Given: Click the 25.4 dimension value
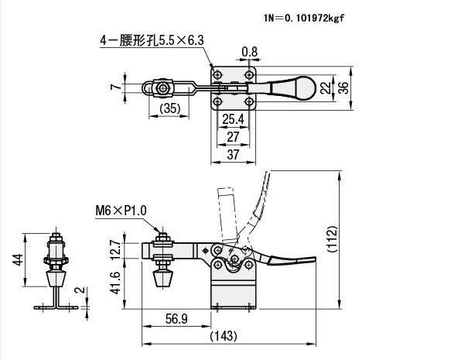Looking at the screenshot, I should (233, 119).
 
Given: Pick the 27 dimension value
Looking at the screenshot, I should (233, 136).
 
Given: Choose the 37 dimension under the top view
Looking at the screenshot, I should (233, 155).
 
